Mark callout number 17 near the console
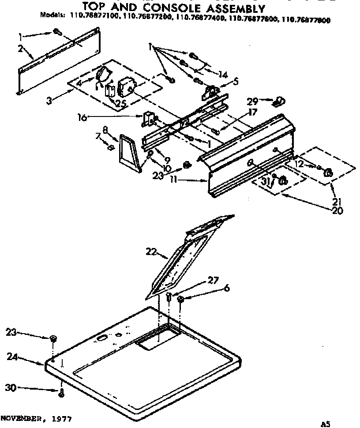(252, 113)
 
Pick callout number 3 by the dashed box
(50, 101)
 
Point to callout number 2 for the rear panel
(20, 49)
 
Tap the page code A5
(326, 424)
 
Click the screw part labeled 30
(61, 392)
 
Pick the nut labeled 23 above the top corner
(53, 339)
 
